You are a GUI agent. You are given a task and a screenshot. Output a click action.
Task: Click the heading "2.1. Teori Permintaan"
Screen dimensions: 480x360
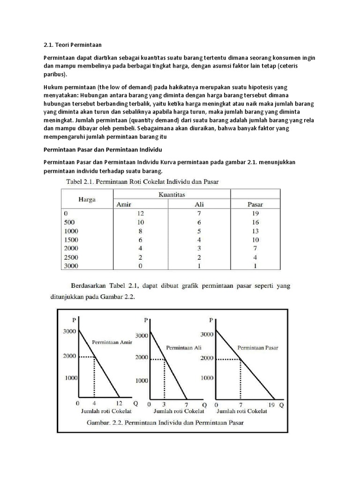coord(72,45)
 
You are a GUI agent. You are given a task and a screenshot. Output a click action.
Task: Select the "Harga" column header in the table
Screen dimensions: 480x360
coord(87,199)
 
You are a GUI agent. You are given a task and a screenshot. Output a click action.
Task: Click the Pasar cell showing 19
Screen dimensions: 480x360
coord(255,213)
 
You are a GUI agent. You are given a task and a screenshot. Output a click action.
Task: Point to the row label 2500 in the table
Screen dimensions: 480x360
coord(72,257)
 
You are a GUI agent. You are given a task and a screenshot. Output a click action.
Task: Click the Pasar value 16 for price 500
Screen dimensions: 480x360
coord(255,222)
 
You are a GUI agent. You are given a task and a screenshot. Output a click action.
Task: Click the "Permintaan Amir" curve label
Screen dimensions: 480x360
coord(112,342)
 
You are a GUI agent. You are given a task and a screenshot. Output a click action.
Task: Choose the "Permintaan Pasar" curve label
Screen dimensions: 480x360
coord(258,348)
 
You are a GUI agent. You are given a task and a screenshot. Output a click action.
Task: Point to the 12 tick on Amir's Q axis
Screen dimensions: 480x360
coord(119,403)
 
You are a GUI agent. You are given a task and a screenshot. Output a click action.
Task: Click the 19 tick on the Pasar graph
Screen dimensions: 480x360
coord(272,403)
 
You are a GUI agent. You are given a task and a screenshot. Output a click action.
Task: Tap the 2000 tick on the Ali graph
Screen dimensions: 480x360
coord(142,357)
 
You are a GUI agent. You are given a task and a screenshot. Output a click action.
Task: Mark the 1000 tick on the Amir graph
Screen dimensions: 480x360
coord(70,377)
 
